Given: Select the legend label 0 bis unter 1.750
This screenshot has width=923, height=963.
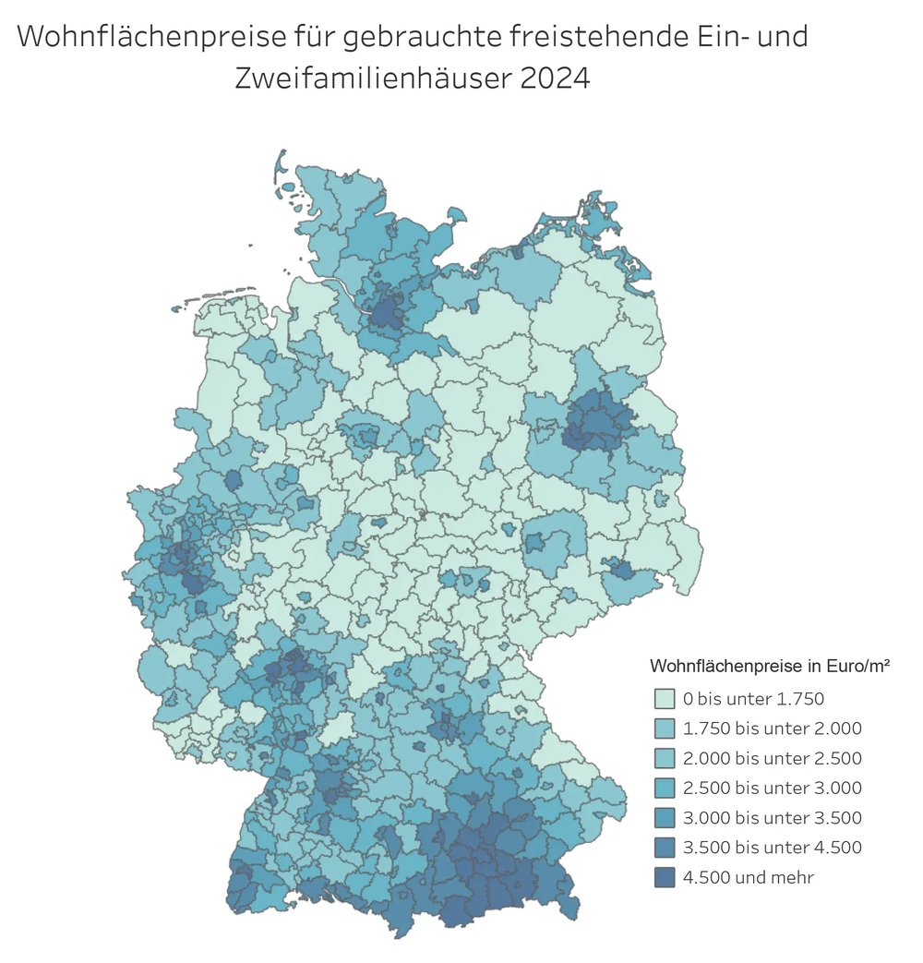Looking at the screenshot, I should point(752,698).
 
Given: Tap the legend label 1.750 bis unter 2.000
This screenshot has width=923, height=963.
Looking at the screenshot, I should point(772,728).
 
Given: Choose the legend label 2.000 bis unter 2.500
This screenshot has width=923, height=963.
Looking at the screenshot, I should point(772,758).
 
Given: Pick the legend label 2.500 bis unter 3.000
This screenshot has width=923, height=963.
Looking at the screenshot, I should point(772,788).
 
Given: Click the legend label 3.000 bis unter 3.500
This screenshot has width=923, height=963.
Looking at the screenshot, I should point(772,817).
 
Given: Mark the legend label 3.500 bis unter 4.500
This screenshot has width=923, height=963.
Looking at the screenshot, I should point(772,848).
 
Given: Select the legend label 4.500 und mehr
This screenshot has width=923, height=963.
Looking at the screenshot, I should point(748,877).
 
